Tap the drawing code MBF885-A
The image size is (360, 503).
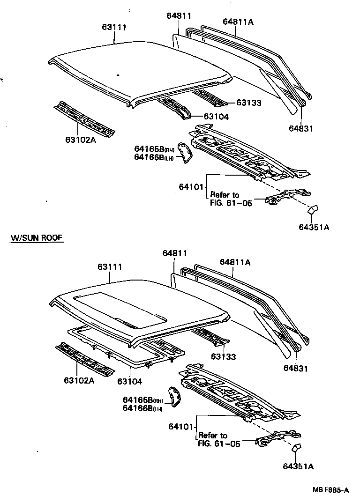pos(330,490)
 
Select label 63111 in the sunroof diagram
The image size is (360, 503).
pos(110,267)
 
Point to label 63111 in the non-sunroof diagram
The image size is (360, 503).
pos(114,27)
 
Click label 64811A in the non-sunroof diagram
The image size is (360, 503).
pos(238,22)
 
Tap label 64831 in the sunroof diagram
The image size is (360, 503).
pos(295,369)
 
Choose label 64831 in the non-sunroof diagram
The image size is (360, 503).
pos(300,128)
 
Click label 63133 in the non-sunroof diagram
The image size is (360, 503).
pos(248,103)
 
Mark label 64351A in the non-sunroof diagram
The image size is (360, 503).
pos(314,228)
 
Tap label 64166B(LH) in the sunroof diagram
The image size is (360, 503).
pos(142,408)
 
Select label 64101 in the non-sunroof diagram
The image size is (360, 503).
pos(191,187)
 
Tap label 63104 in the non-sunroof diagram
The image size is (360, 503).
pos(216,117)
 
